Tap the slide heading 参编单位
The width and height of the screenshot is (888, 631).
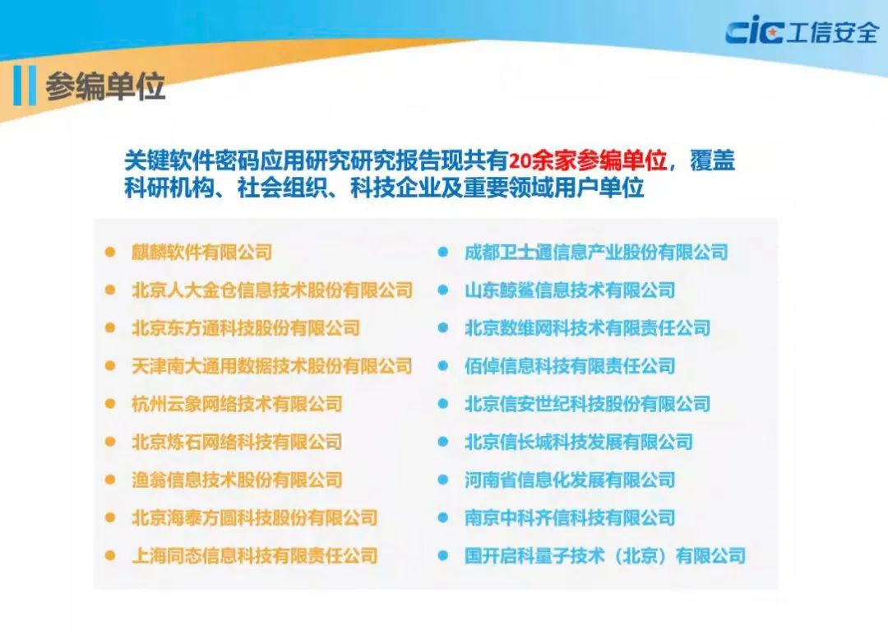105,86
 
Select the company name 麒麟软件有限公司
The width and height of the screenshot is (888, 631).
201,252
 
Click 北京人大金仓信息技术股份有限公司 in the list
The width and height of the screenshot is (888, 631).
272,290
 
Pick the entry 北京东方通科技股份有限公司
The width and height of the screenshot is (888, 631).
246,327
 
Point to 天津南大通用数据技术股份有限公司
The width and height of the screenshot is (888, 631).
272,365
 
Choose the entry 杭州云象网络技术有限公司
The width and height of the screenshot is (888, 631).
237,404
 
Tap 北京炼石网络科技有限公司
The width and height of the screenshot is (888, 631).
237,442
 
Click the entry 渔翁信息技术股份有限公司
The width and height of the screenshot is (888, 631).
237,480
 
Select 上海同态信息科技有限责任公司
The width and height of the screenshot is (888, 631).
255,555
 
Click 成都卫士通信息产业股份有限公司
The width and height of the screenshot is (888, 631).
596,252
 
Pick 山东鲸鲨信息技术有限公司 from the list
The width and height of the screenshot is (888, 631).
570,290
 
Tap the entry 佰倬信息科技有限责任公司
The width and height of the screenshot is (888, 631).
570,365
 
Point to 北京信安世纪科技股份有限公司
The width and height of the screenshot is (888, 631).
587,404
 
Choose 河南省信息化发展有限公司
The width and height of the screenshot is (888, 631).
570,480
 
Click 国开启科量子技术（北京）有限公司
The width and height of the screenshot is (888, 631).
605,555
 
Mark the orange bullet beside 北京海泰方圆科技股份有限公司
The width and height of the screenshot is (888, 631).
110,517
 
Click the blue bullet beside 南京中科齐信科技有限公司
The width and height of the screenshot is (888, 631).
442,517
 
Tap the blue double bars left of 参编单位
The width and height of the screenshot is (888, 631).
25,86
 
